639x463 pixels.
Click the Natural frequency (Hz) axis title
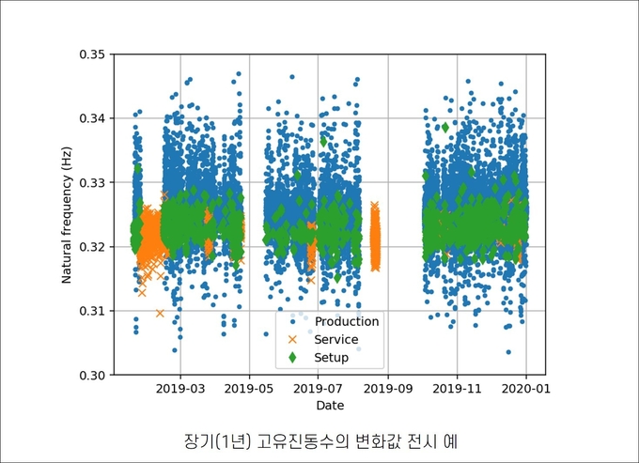67,215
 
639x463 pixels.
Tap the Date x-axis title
329,406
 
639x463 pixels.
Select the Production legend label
347,321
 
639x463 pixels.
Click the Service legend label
336,339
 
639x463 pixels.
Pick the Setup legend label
332,357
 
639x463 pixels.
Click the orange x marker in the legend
292,339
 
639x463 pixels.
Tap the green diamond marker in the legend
292,357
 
